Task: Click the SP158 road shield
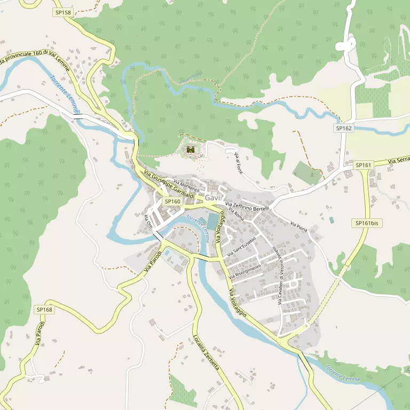(x=62, y=11)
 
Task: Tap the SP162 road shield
(x=344, y=128)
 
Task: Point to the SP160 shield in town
(x=172, y=201)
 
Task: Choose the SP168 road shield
(x=45, y=310)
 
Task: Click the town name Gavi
(x=212, y=198)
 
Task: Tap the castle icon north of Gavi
(x=190, y=150)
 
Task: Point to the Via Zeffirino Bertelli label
(x=247, y=206)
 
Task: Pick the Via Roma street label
(x=236, y=214)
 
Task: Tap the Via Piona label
(x=299, y=226)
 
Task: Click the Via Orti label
(x=148, y=220)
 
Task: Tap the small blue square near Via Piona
(x=332, y=220)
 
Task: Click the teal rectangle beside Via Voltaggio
(x=212, y=222)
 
